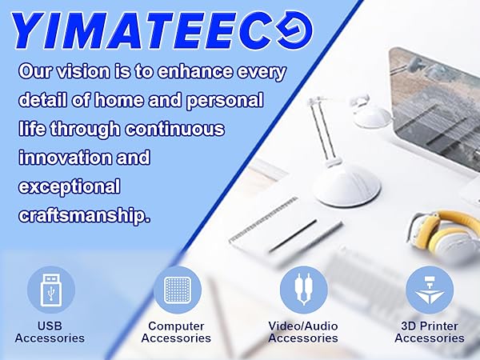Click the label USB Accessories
tap(50, 332)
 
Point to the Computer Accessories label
tap(176, 332)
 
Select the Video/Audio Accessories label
tap(303, 332)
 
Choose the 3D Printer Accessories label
tap(430, 332)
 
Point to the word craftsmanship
tap(83, 216)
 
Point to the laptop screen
tap(436, 112)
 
